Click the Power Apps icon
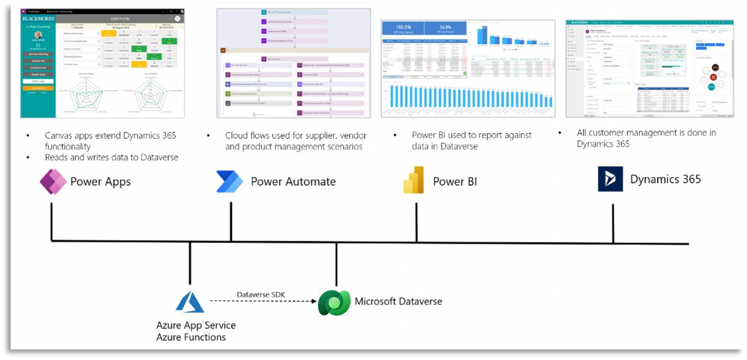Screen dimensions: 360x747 point(53,181)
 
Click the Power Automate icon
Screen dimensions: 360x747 point(229,181)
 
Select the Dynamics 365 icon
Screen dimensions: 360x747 point(610,179)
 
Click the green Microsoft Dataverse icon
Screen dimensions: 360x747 point(334,302)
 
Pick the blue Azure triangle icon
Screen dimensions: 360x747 point(190,302)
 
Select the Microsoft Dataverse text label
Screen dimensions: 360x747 point(398,301)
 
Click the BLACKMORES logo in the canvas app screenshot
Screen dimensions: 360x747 point(37,18)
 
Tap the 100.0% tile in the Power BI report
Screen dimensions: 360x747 point(402,27)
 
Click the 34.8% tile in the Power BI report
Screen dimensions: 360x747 point(445,27)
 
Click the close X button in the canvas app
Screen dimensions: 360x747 point(177,18)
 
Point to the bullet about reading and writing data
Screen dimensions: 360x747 point(111,157)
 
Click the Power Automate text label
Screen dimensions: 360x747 point(293,181)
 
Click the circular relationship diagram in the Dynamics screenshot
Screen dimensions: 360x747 point(713,77)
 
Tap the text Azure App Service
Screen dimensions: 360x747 point(196,325)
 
